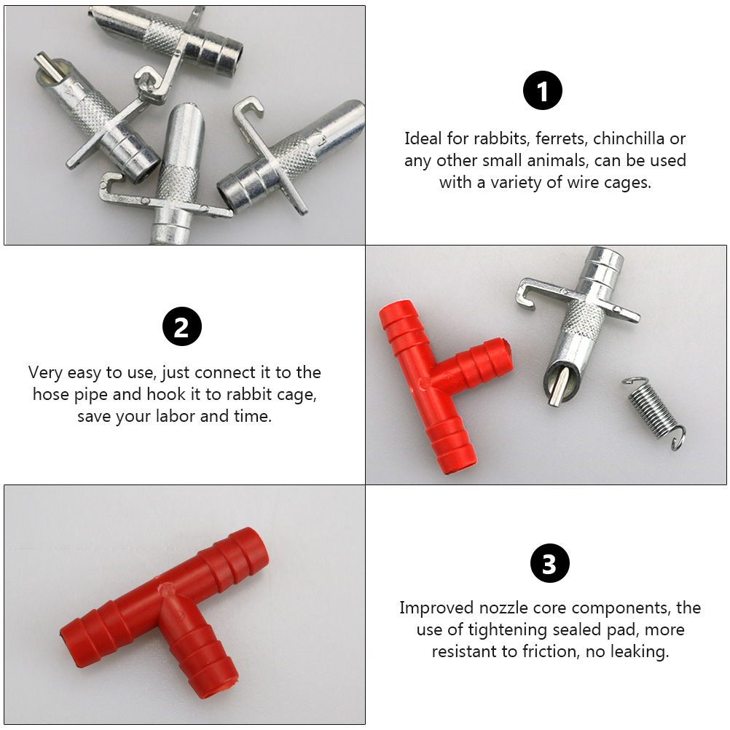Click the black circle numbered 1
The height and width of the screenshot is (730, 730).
[x=542, y=90]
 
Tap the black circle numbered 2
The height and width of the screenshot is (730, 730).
[x=182, y=326]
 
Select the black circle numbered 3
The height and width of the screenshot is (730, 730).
[x=550, y=563]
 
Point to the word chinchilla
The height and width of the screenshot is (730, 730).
[x=629, y=138]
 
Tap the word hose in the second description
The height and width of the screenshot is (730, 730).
[x=51, y=394]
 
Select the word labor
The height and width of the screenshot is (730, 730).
[x=175, y=416]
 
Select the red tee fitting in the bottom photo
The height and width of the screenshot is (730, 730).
[x=165, y=613]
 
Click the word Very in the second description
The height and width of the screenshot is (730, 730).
[x=45, y=373]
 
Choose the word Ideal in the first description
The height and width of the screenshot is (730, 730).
[x=423, y=138]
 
